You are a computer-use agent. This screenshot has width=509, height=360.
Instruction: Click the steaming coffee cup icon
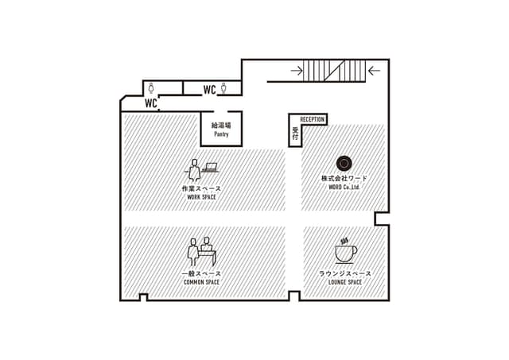coord(346,251)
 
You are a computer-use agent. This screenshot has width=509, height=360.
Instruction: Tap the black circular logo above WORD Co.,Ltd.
coord(344,163)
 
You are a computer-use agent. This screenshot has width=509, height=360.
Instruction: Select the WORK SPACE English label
coord(201,197)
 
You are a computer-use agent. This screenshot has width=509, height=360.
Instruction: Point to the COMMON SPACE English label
coord(201,282)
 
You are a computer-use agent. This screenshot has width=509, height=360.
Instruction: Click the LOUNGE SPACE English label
coord(345,282)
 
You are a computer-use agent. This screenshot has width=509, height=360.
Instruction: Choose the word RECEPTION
coord(313,119)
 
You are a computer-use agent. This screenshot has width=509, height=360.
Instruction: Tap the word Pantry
coord(221,134)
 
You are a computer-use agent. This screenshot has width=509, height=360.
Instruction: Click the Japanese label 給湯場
coord(221,126)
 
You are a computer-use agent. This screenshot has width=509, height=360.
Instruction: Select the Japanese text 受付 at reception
coord(295,134)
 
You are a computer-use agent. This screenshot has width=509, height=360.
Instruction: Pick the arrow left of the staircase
coord(297,71)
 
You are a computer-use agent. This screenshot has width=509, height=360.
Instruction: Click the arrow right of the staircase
coord(375,71)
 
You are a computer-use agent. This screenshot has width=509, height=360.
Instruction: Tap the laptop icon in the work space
coord(210,168)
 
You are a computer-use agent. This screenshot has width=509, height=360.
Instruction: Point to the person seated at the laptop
coord(194,170)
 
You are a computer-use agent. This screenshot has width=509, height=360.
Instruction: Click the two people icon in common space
coord(201,253)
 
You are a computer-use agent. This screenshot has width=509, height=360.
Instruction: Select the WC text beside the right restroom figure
coord(209,90)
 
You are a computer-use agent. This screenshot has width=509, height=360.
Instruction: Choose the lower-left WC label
coord(151,103)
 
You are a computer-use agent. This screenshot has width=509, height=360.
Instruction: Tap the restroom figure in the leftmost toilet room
coord(151,88)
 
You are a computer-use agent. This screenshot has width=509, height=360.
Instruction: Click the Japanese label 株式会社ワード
coord(344,178)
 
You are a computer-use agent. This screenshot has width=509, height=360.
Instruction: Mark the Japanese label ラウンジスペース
coord(345,273)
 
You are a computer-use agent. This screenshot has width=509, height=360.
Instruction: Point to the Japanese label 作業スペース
coord(201,188)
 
